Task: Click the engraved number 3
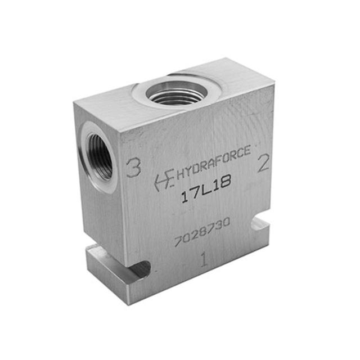(x=133, y=168)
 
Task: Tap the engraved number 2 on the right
(x=263, y=164)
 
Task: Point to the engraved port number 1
(x=204, y=259)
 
